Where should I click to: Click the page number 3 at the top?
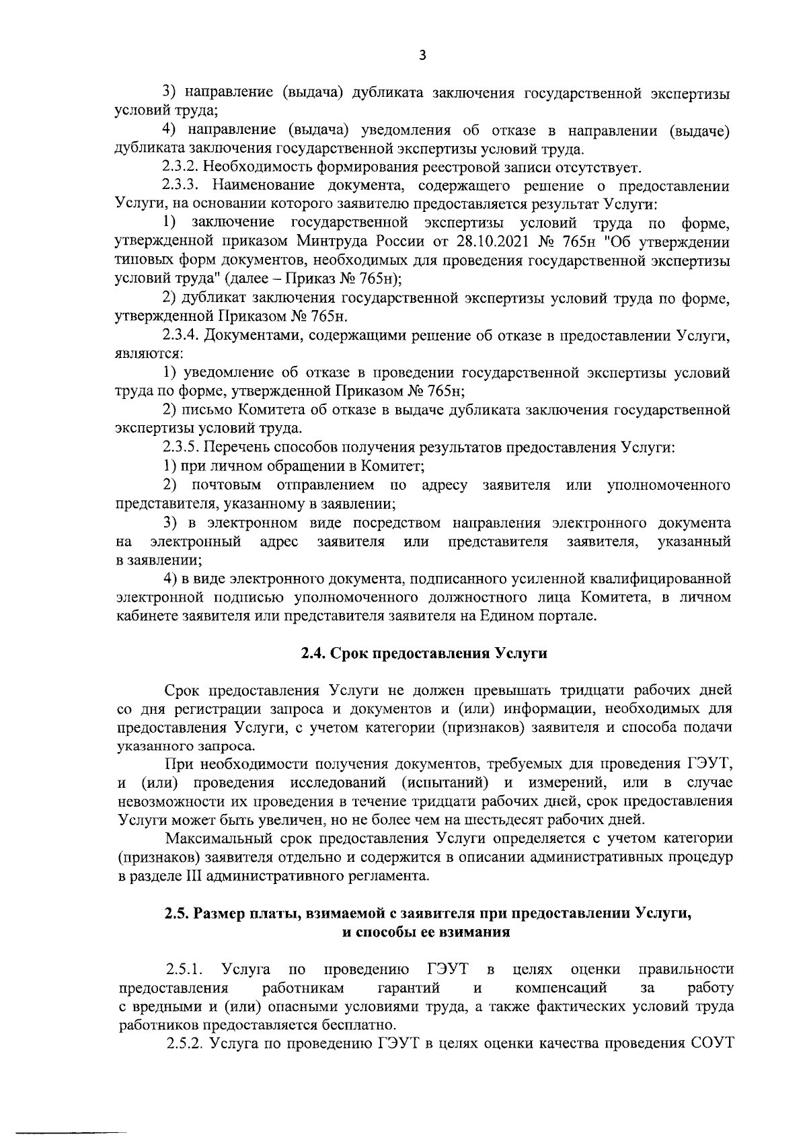(422, 56)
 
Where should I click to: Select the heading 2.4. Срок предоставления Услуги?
(423, 653)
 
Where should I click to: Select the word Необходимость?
(254, 167)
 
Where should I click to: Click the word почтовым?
(225, 484)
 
